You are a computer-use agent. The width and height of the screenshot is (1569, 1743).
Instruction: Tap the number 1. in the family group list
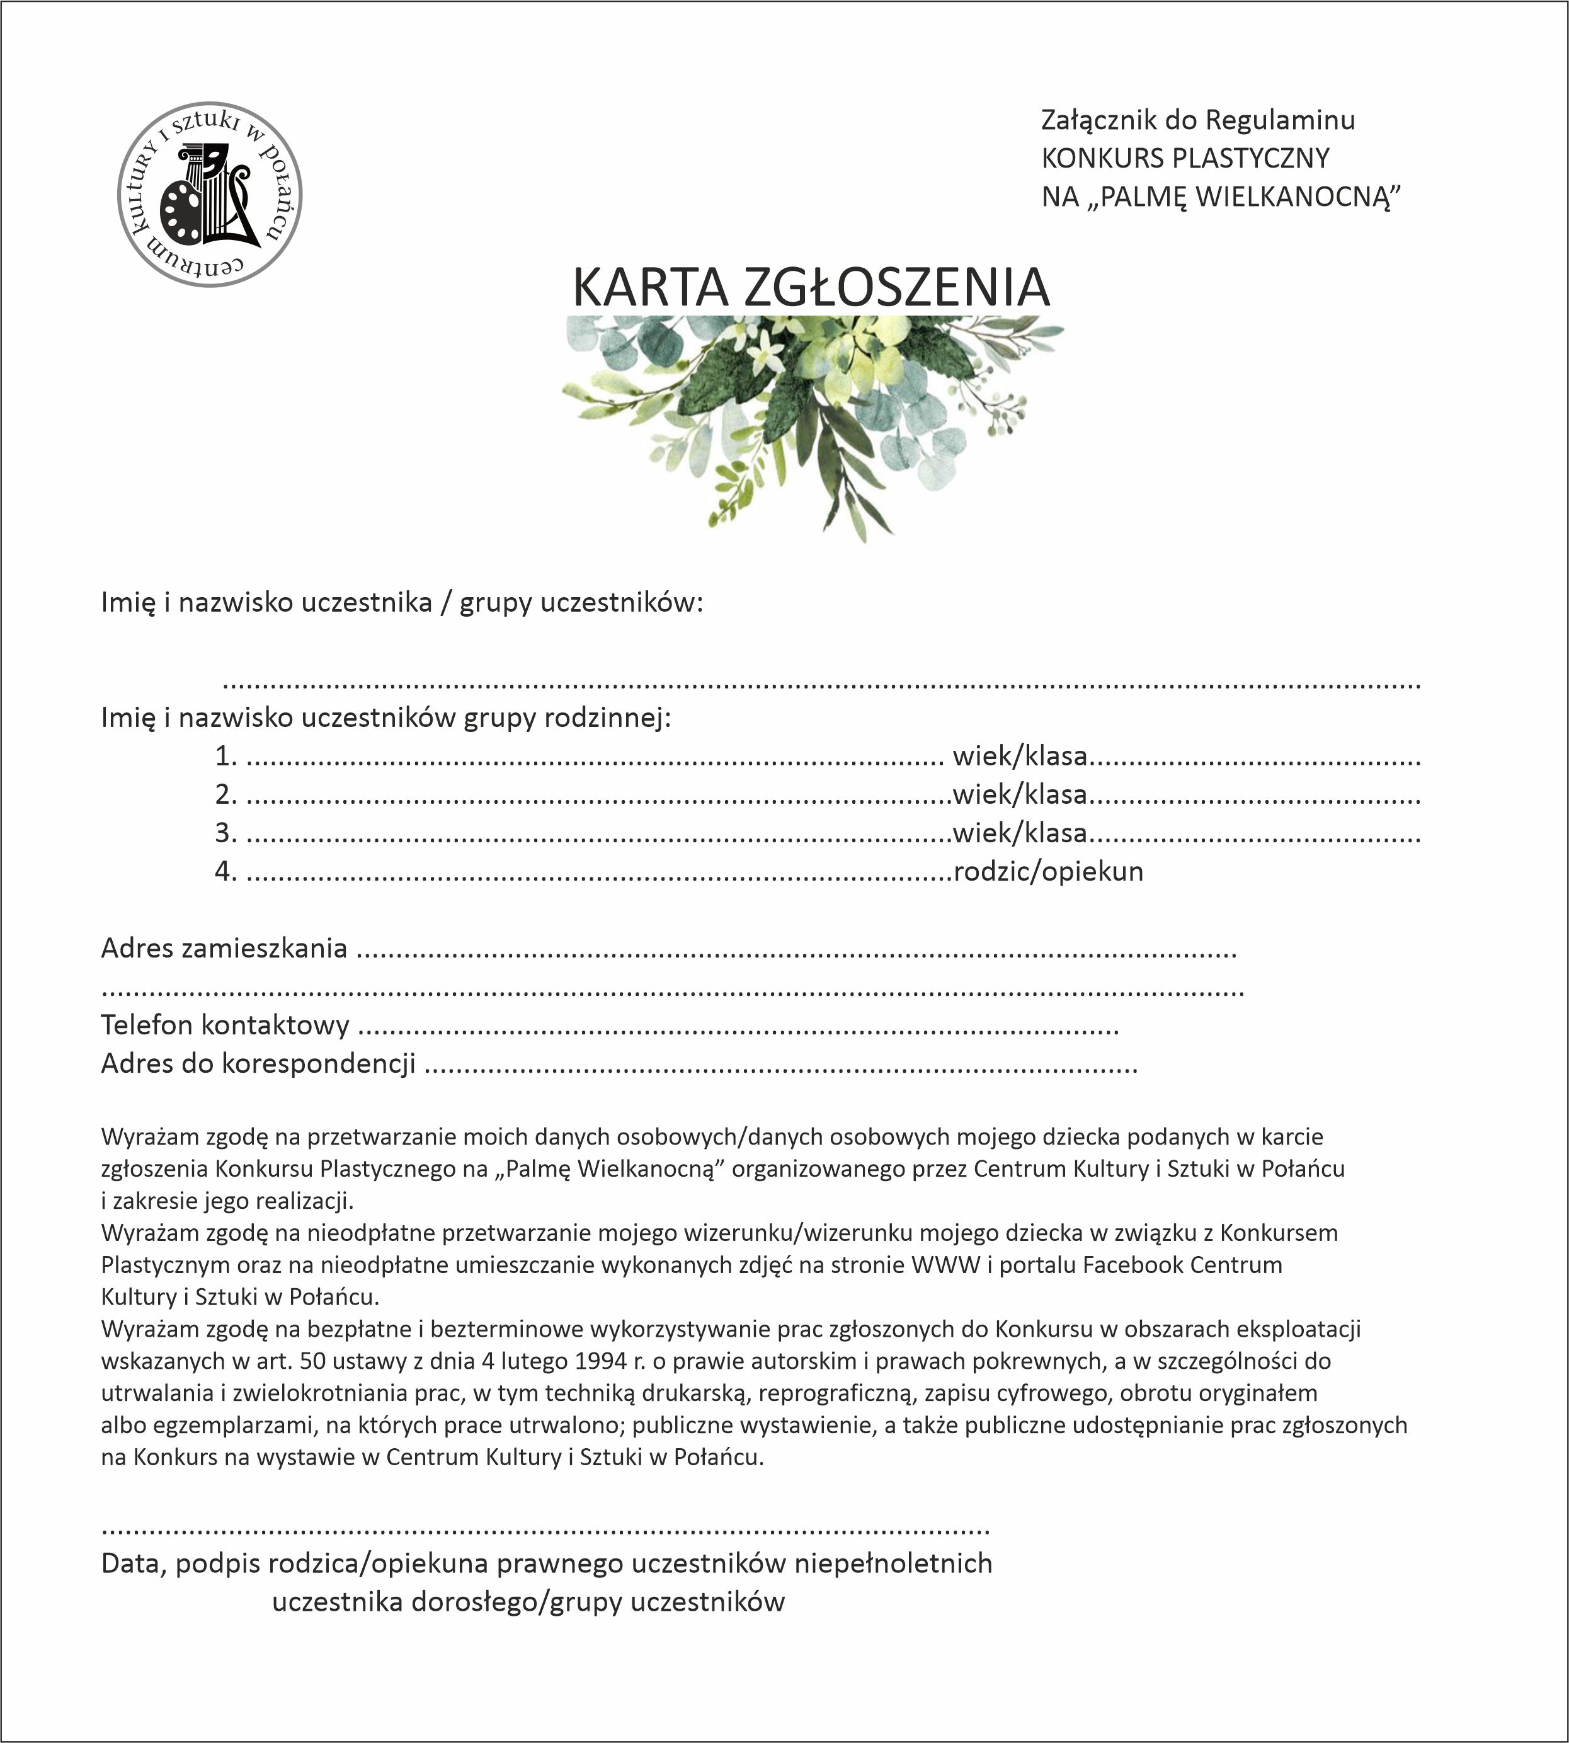(x=226, y=756)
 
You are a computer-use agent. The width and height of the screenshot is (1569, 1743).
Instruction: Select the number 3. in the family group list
(x=226, y=833)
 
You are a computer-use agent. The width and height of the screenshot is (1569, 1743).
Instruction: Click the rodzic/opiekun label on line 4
(x=1048, y=872)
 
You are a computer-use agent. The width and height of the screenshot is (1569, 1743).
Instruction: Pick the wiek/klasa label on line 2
(x=1020, y=794)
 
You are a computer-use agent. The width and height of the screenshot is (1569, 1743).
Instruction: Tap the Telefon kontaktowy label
(x=225, y=1025)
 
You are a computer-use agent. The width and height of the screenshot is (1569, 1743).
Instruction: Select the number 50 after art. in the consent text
(x=312, y=1361)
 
